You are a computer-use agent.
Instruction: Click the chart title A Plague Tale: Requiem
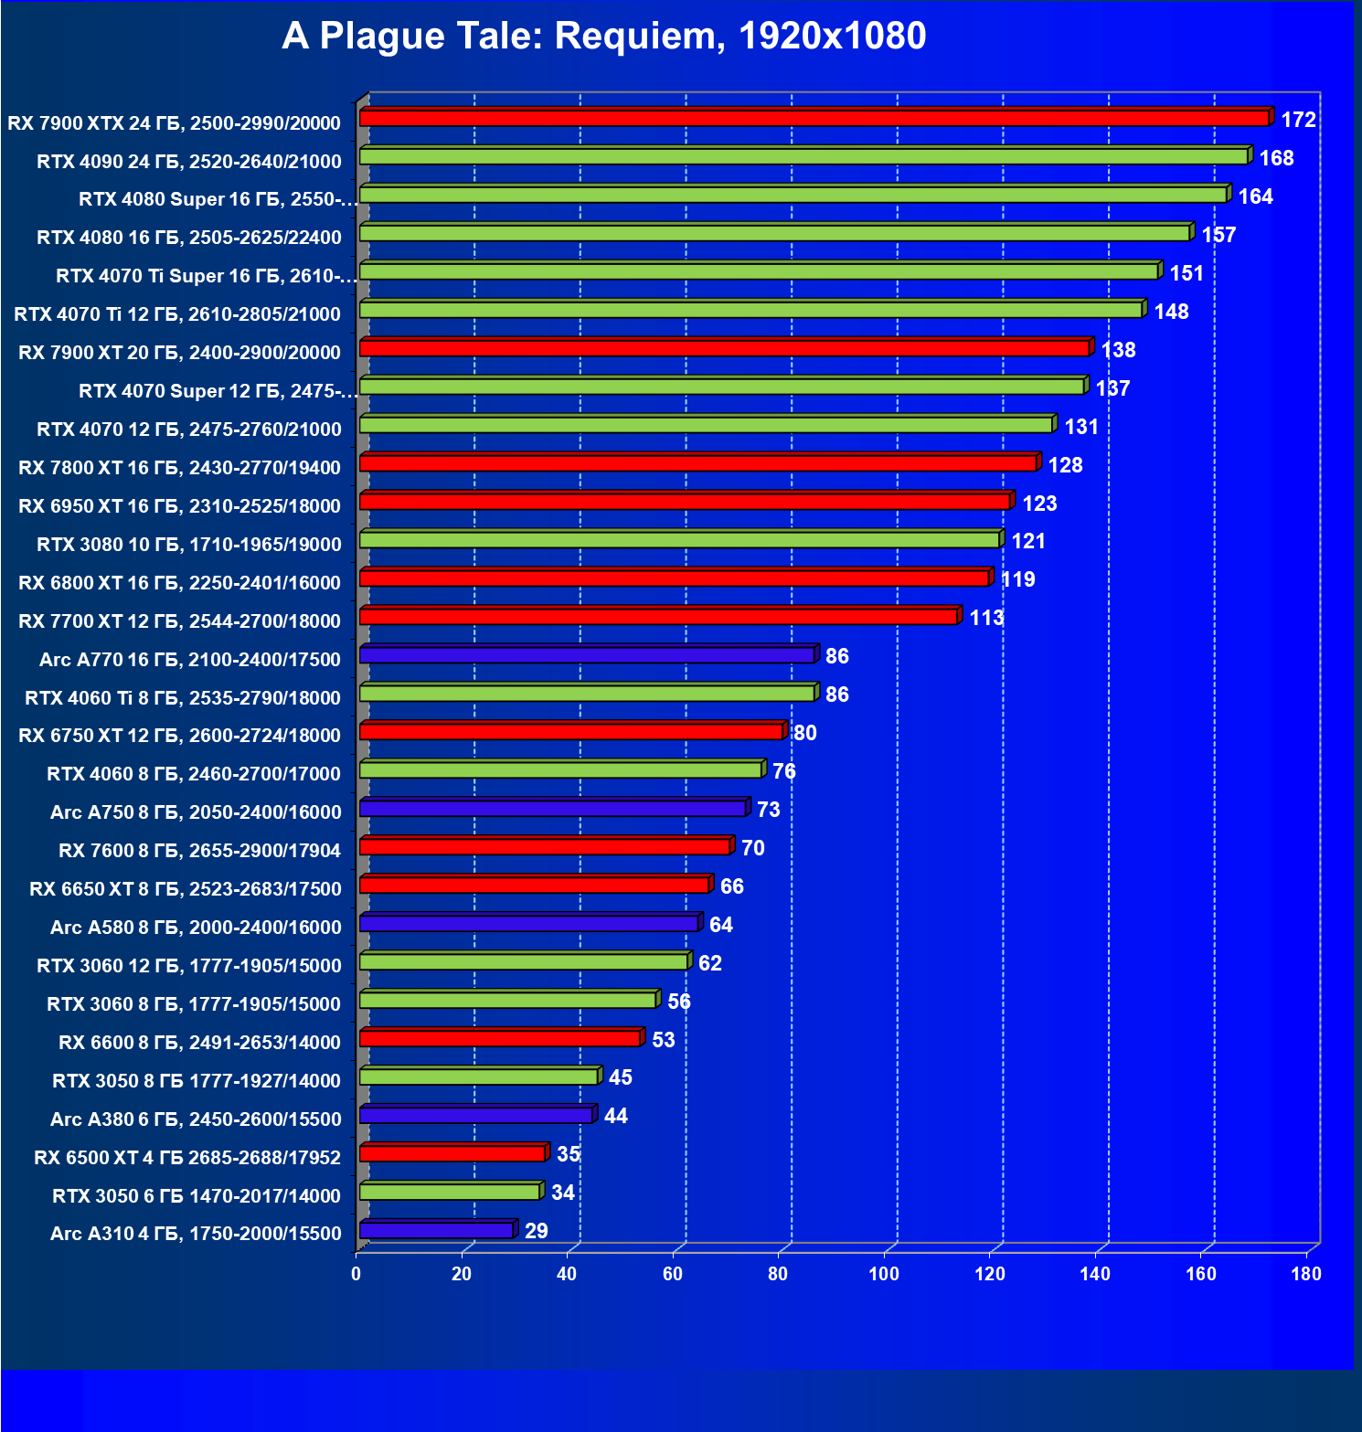tap(603, 37)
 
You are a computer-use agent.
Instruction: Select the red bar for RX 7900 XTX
tap(814, 118)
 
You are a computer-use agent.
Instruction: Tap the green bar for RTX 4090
tap(804, 156)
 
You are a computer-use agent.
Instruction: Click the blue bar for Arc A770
tap(587, 655)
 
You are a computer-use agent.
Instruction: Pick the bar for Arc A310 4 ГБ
tap(436, 1230)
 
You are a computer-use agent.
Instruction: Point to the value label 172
tap(1298, 120)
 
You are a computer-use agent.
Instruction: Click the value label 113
tap(986, 618)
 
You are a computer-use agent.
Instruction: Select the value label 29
tap(537, 1231)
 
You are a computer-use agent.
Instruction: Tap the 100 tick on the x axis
tap(884, 1274)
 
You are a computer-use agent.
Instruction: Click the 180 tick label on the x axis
tap(1306, 1274)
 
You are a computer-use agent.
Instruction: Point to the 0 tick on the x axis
tap(356, 1274)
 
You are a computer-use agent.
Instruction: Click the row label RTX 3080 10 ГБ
tap(188, 545)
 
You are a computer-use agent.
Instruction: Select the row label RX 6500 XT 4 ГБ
tap(186, 1158)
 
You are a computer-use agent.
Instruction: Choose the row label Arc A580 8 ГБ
tap(196, 928)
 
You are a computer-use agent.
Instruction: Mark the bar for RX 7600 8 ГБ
tap(545, 846)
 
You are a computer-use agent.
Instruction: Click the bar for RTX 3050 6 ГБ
tap(450, 1192)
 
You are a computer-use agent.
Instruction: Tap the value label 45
tap(621, 1077)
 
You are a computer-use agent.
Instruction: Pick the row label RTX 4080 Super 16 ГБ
tap(218, 199)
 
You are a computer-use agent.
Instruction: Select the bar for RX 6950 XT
tap(684, 502)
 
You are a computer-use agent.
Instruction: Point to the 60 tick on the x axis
tap(673, 1274)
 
